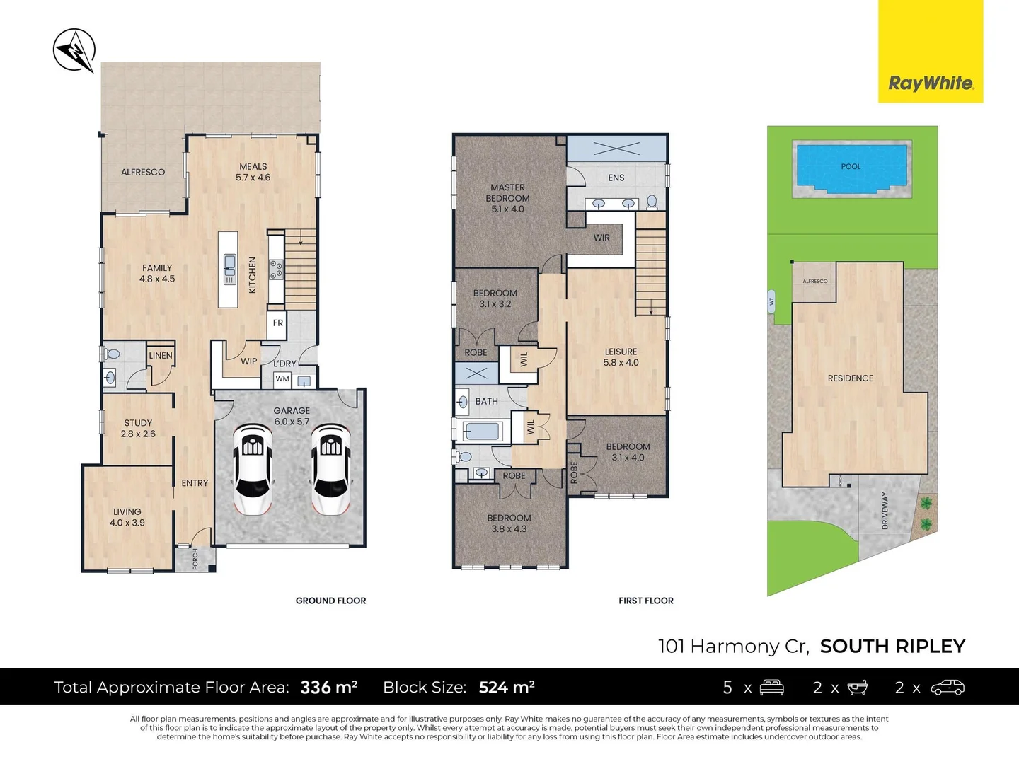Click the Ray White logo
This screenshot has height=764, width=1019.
931,83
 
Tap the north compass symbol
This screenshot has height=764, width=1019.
74,50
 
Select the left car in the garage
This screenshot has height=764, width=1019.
253,468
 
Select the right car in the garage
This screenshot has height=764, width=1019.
330,468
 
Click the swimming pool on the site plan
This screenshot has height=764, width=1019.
851,168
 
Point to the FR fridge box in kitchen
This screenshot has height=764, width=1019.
277,323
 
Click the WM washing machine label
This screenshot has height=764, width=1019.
283,379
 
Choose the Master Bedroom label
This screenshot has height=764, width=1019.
507,198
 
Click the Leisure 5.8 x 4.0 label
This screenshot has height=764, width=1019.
621,357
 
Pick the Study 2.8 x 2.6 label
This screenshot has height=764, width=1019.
138,429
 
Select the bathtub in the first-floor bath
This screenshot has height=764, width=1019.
482,431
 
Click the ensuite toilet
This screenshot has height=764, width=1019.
652,203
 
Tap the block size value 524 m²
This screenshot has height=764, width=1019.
507,687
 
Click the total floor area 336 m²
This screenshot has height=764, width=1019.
328,687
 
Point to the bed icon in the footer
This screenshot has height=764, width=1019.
771,687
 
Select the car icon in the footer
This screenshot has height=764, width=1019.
947,687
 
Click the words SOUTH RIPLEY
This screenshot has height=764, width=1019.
892,646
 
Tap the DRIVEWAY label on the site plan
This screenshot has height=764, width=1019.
885,511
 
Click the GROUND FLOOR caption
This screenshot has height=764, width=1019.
330,601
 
